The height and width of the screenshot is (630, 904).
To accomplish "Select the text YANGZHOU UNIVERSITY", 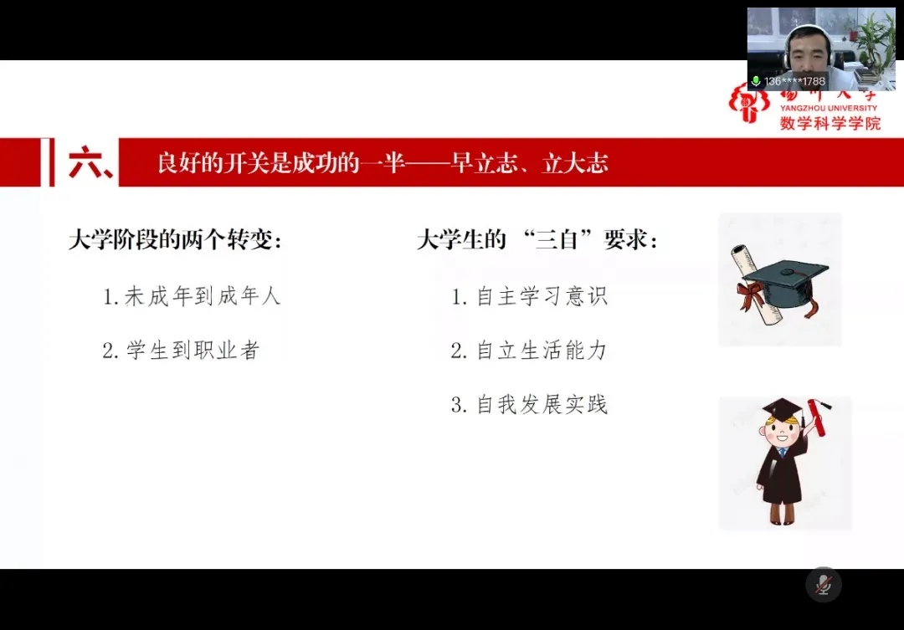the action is (829, 108).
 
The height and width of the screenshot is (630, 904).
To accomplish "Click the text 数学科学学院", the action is (830, 123).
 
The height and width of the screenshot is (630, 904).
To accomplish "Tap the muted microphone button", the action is (824, 585).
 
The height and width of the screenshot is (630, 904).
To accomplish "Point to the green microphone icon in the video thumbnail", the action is (756, 81).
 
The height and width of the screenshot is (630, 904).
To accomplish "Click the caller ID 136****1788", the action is (794, 81).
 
